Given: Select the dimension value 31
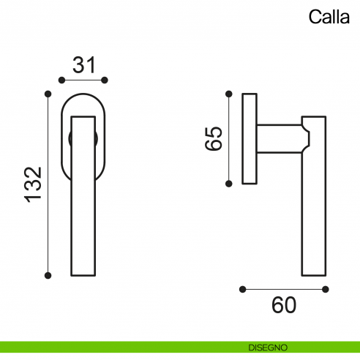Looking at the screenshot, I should tap(85, 65).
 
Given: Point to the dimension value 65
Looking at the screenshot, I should tap(214, 138).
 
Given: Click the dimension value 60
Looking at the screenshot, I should tap(284, 304).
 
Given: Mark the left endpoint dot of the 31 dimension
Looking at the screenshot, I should tap(64, 79).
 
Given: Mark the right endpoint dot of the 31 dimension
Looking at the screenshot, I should tap(105, 79).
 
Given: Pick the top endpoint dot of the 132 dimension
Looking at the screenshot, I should tap(48, 93).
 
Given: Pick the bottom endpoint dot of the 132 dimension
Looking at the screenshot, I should tap(48, 275).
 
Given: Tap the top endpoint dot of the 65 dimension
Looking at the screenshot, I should tap(230, 93).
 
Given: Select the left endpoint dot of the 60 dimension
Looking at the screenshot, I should tap(244, 289).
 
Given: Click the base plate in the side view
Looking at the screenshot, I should tap(250, 138).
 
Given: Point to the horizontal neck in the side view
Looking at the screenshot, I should tap(278, 138).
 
